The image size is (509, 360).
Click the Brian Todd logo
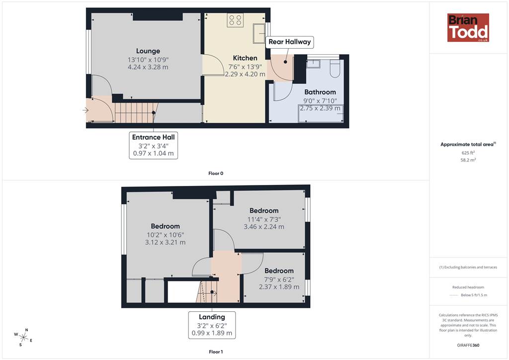click(x=468, y=27)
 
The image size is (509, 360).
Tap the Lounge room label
click(x=148, y=51)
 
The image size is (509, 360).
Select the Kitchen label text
click(x=245, y=58)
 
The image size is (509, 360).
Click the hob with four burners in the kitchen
click(x=235, y=20)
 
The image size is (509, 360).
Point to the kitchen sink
click(x=259, y=33)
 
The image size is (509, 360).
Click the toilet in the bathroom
click(x=335, y=68)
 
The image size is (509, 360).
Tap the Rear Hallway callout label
click(x=290, y=42)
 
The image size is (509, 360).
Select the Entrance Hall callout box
click(x=153, y=145)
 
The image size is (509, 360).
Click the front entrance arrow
click(x=85, y=110)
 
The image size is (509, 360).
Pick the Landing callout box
click(x=212, y=325)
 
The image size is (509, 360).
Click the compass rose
click(x=23, y=337)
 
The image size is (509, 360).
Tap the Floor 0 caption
click(x=216, y=174)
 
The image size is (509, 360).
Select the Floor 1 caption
click(x=216, y=352)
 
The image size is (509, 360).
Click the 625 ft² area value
click(x=468, y=153)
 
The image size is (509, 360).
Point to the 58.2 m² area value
click(x=468, y=160)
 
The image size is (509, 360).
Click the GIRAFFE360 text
click(x=468, y=345)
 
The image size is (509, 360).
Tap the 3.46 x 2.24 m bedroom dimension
click(x=264, y=227)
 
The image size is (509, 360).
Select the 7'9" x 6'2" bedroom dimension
click(x=279, y=279)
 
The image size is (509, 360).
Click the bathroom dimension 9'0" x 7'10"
click(x=320, y=101)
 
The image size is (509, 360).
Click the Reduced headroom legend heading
click(x=468, y=287)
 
